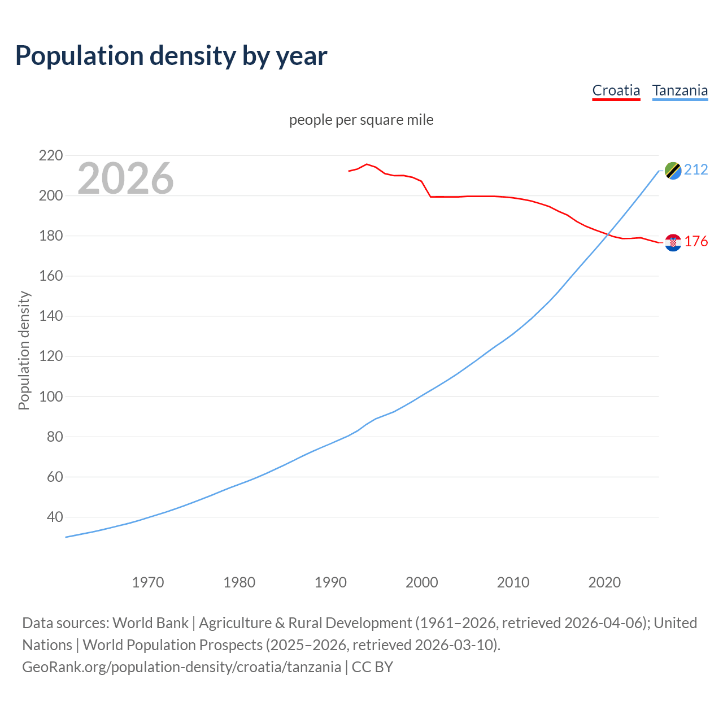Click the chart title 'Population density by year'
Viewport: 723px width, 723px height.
171,56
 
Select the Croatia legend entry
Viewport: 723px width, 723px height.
616,90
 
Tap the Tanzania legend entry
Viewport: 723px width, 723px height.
680,90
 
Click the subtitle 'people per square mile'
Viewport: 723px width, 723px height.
361,120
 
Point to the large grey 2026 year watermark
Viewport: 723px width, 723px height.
125,178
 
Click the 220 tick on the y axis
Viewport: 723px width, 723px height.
50,155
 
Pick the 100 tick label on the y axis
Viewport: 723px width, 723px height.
50,397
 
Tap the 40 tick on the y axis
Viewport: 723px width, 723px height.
54,517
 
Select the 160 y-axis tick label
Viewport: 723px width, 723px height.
50,276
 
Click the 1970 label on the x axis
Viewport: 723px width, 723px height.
148,582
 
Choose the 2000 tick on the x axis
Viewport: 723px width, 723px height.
421,582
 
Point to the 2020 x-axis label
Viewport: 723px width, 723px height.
604,582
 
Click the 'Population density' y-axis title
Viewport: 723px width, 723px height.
24,350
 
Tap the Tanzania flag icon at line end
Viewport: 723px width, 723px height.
673,170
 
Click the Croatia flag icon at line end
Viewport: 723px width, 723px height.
673,242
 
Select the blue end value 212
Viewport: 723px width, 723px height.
696,170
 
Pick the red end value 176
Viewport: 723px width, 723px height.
696,242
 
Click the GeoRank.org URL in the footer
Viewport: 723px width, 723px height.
182,667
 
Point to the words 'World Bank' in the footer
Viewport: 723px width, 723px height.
150,623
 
